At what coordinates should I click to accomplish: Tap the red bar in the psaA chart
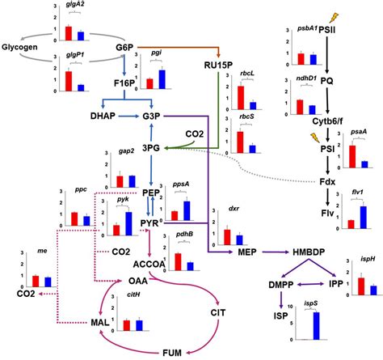(x=351, y=156)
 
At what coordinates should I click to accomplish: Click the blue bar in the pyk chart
(x=128, y=214)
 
